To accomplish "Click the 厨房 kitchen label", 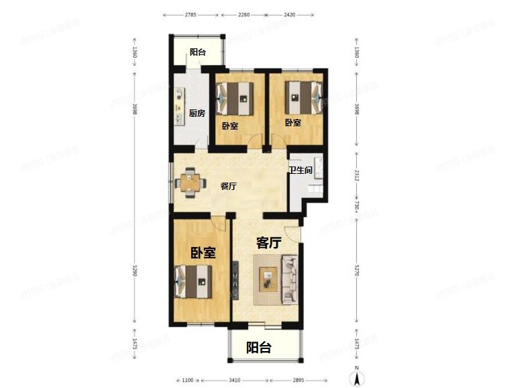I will pyautogui.click(x=196, y=113).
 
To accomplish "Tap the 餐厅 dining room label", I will pyautogui.click(x=229, y=187).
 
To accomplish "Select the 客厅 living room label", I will pyautogui.click(x=268, y=243).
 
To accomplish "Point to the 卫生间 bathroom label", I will pyautogui.click(x=300, y=171).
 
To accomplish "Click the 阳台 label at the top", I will pyautogui.click(x=197, y=53).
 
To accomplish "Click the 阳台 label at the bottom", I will pyautogui.click(x=259, y=348).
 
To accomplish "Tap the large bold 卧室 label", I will pyautogui.click(x=203, y=252).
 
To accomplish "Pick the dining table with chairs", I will pyautogui.click(x=190, y=182).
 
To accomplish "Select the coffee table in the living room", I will pyautogui.click(x=269, y=278).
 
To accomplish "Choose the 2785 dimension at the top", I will pyautogui.click(x=191, y=13).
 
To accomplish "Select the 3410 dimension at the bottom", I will pyautogui.click(x=235, y=380).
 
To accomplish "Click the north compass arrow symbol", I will pyautogui.click(x=359, y=378).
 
